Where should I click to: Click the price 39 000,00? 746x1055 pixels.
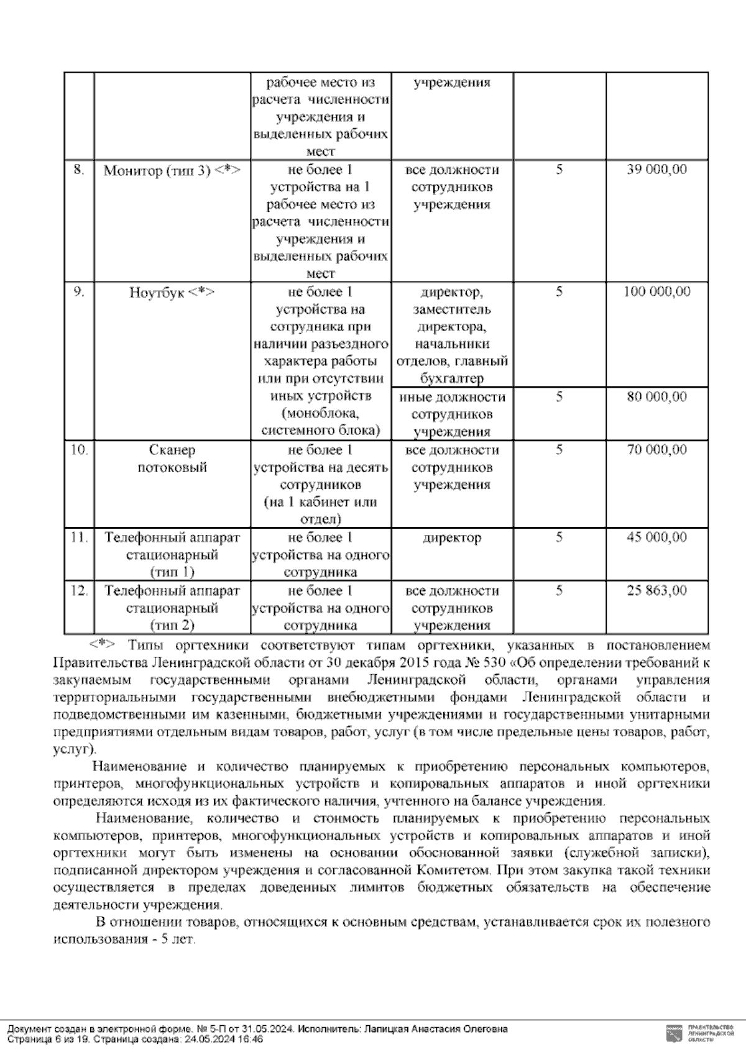click(656, 170)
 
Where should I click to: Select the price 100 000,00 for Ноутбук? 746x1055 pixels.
click(656, 291)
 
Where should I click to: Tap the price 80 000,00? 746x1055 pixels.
click(656, 396)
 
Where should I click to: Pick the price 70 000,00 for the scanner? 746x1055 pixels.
click(656, 449)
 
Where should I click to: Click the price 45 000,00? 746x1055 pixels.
click(656, 537)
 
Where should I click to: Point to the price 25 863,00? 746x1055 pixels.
click(656, 590)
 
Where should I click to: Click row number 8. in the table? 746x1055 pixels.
click(78, 170)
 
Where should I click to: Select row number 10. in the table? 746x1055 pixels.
click(78, 449)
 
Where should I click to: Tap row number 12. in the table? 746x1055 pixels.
click(78, 590)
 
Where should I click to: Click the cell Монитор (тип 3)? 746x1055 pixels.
click(172, 170)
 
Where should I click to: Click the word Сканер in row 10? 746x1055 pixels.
click(172, 450)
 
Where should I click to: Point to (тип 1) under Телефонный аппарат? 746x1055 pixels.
click(172, 572)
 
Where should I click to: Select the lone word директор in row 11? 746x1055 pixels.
click(451, 538)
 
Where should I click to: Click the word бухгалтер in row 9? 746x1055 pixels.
click(451, 378)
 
